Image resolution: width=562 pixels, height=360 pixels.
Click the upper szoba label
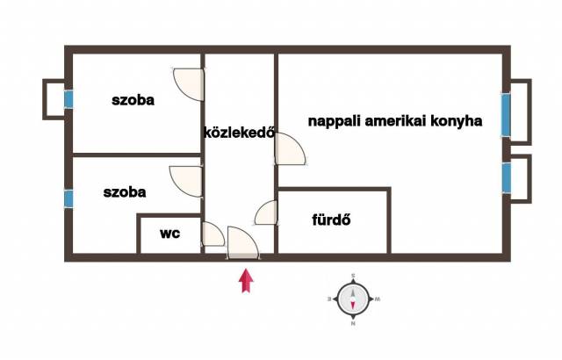pos(133,100)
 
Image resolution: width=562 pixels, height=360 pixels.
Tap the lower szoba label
pos(125,192)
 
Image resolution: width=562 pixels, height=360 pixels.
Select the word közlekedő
pos(239,133)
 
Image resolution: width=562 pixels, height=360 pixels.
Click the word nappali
pos(335,121)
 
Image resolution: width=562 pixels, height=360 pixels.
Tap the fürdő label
pos(331,220)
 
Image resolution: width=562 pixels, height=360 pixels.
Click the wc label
pos(169,234)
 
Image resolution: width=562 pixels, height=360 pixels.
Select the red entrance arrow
pos(246,280)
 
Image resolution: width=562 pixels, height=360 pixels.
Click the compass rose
pos(353,299)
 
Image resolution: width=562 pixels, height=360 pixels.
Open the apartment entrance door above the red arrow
pos(243,242)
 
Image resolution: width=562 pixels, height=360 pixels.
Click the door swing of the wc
pos(213,234)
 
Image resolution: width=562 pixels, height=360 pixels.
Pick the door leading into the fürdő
pos(266,212)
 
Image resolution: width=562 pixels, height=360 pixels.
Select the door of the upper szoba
pos(189,84)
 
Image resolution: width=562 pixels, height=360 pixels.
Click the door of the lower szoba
pos(185,182)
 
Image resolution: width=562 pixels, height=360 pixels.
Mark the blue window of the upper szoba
pos(68,99)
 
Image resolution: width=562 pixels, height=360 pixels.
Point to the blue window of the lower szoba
pos(68,198)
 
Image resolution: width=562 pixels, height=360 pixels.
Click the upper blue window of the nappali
pos(506,115)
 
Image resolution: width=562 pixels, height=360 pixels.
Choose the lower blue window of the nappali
pos(506,177)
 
